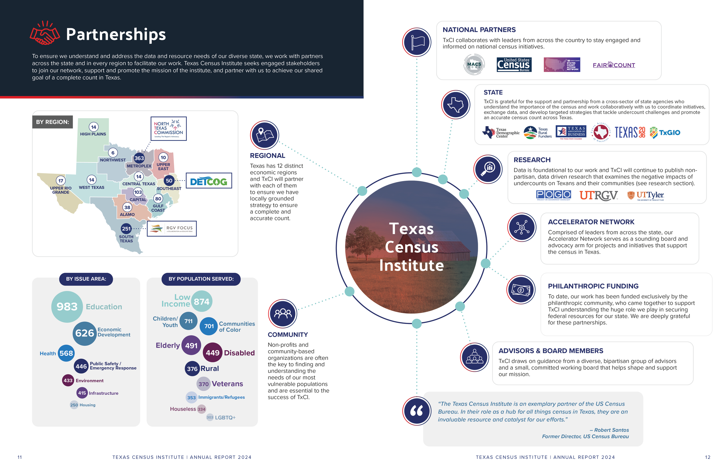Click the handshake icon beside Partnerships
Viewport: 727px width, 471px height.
pyautogui.click(x=44, y=33)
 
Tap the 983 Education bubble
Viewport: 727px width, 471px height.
pyautogui.click(x=67, y=307)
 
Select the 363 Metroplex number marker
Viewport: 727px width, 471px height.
pyautogui.click(x=139, y=158)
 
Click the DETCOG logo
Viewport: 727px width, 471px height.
pyautogui.click(x=209, y=181)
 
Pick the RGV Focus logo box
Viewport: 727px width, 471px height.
pyautogui.click(x=172, y=229)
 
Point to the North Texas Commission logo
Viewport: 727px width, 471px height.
pyautogui.click(x=168, y=129)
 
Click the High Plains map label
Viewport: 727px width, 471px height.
pyautogui.click(x=93, y=134)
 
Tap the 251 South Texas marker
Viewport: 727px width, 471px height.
pyautogui.click(x=126, y=229)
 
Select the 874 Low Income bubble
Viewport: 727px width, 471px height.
pyautogui.click(x=202, y=302)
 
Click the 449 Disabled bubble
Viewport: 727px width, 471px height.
pyautogui.click(x=213, y=353)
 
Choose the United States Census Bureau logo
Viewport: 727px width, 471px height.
pyautogui.click(x=514, y=65)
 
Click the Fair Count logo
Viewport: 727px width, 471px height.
pyautogui.click(x=614, y=65)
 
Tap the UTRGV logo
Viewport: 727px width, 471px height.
pyautogui.click(x=598, y=195)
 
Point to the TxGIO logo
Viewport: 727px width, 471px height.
pyautogui.click(x=665, y=132)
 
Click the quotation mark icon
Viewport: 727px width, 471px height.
pyautogui.click(x=417, y=411)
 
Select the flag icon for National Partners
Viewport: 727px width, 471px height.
pyautogui.click(x=417, y=42)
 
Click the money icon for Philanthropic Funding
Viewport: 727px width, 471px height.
pyautogui.click(x=521, y=290)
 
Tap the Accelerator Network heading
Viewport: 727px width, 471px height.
pyautogui.click(x=591, y=222)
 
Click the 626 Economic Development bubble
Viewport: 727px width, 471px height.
pyautogui.click(x=85, y=333)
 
